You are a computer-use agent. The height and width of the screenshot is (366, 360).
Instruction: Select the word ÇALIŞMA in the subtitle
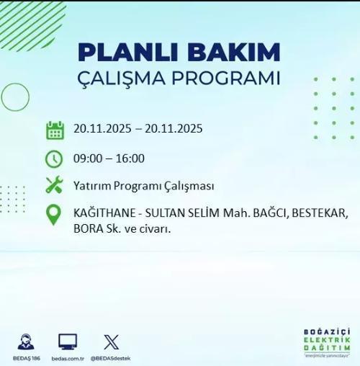[x=117, y=79]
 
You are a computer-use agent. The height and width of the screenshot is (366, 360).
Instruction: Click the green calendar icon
[x=55, y=130]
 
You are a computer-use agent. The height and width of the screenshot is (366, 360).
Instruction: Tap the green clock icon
[x=54, y=159]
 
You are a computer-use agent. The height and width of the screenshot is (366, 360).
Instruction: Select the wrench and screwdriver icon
[x=54, y=185]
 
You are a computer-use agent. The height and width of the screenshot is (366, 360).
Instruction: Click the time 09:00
[x=87, y=159]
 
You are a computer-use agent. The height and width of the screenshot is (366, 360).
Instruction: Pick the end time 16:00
[x=130, y=159]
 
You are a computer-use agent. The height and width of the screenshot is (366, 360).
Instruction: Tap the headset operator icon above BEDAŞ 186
[x=26, y=342]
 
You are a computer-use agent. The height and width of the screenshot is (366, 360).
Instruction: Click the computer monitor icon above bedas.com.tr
[x=68, y=342]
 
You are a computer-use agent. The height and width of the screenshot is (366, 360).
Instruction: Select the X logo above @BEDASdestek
[x=111, y=342]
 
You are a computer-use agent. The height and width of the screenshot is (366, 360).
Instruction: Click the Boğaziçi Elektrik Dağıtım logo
[x=326, y=342]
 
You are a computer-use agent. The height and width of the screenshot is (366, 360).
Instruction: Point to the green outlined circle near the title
[x=14, y=97]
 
